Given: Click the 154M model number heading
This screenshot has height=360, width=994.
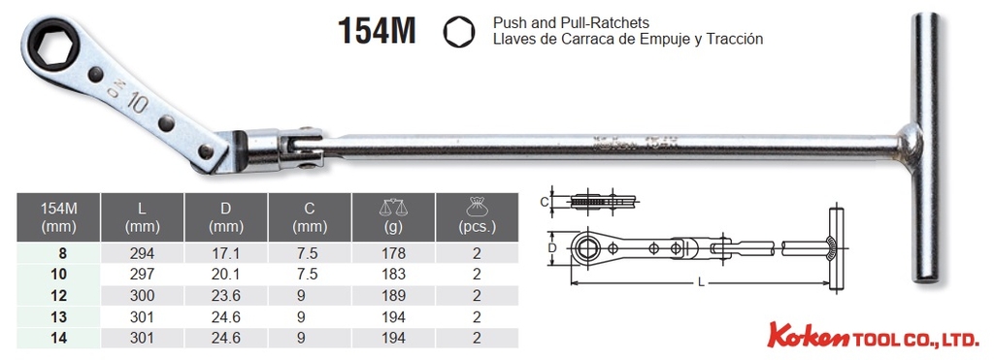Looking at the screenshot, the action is click(x=377, y=30).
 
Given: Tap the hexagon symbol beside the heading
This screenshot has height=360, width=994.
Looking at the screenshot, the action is click(x=459, y=32).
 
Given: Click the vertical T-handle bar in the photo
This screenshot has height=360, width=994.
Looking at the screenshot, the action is click(x=924, y=147).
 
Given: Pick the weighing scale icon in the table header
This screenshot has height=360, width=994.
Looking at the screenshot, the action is click(x=393, y=207).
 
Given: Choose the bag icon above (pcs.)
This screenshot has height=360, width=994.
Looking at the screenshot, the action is click(x=477, y=206).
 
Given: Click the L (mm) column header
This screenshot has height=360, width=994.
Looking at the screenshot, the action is click(x=142, y=216).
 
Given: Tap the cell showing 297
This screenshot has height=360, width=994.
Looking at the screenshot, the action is click(x=142, y=275).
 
